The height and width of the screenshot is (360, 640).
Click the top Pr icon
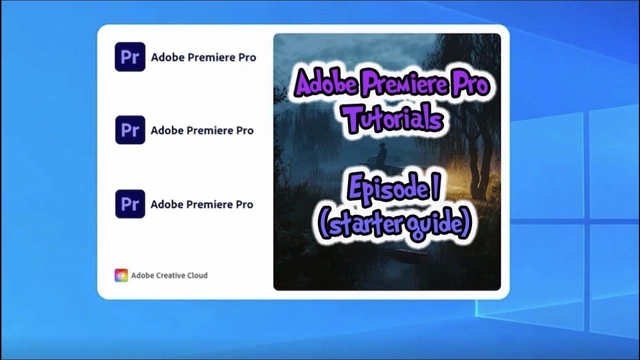click(130, 57)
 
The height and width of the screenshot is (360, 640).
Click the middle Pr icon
click(130, 130)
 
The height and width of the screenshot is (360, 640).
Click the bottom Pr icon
click(130, 204)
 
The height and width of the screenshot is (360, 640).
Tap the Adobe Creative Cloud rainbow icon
click(121, 275)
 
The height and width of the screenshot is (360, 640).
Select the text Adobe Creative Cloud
click(169, 275)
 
